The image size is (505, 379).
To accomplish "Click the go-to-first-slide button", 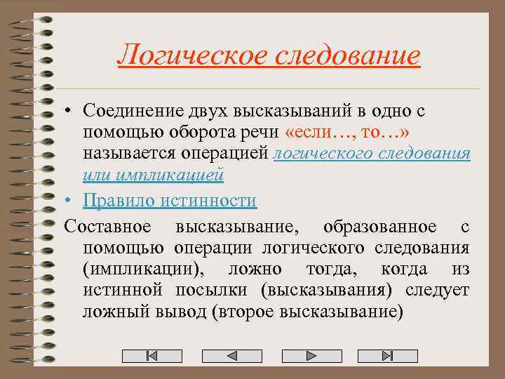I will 152,356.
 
